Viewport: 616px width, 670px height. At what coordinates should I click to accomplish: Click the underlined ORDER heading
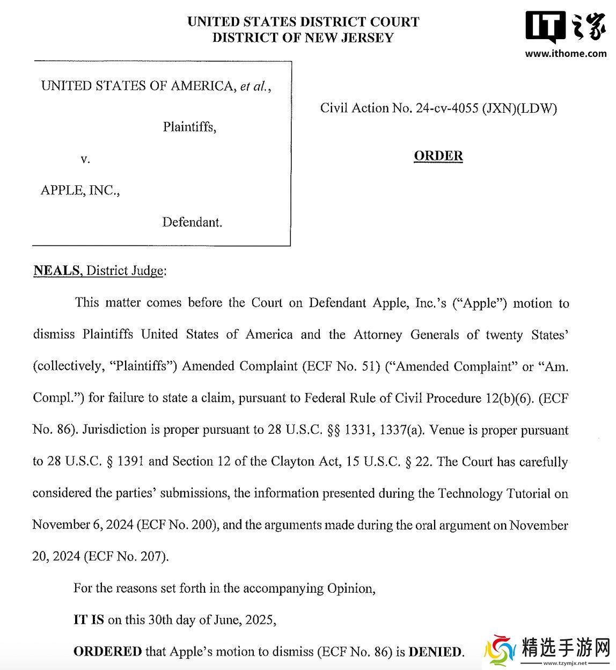point(438,156)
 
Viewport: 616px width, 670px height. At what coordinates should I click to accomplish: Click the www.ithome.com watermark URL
point(566,53)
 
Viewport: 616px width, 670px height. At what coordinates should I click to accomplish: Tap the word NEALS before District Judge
point(56,271)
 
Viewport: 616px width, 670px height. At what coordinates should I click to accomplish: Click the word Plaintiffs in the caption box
point(189,127)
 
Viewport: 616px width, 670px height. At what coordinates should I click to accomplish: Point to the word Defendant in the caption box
point(192,222)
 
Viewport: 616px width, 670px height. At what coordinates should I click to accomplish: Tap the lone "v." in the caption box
point(85,159)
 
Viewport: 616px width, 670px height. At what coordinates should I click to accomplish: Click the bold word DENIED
point(435,652)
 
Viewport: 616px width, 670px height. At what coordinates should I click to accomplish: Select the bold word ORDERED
point(107,652)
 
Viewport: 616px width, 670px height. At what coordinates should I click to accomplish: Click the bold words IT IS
point(89,620)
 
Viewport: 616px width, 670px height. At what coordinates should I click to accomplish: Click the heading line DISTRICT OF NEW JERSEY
point(303,38)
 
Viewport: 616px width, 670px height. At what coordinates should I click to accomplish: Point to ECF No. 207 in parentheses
point(126,557)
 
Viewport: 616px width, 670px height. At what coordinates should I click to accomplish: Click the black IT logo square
point(545,26)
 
